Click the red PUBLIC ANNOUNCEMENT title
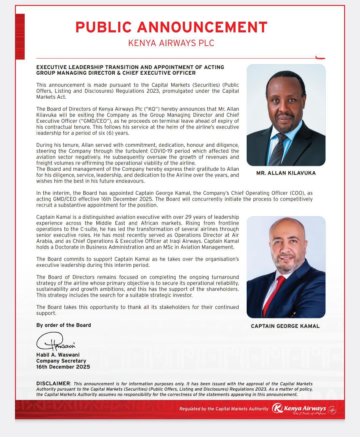[x=171, y=27]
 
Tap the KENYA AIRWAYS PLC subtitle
[x=171, y=43]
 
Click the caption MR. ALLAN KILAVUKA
[x=286, y=173]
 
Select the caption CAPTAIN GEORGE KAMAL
[x=285, y=326]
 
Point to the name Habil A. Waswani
[x=58, y=355]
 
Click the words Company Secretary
[x=61, y=361]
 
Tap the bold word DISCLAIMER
[x=53, y=384]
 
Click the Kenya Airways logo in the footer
[x=299, y=409]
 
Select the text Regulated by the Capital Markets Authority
[x=224, y=409]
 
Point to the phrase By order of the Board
[x=64, y=325]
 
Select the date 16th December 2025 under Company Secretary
[x=63, y=367]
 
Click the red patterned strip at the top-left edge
[x=20, y=37]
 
